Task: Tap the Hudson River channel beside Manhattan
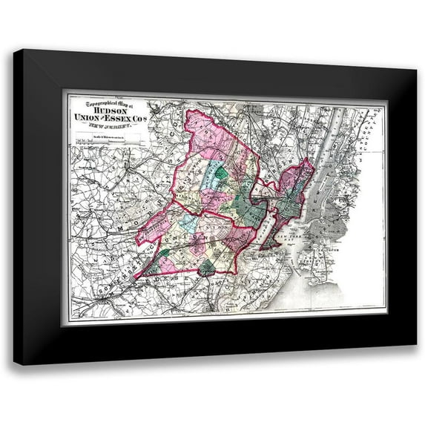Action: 317,171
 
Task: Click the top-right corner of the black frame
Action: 415,69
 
